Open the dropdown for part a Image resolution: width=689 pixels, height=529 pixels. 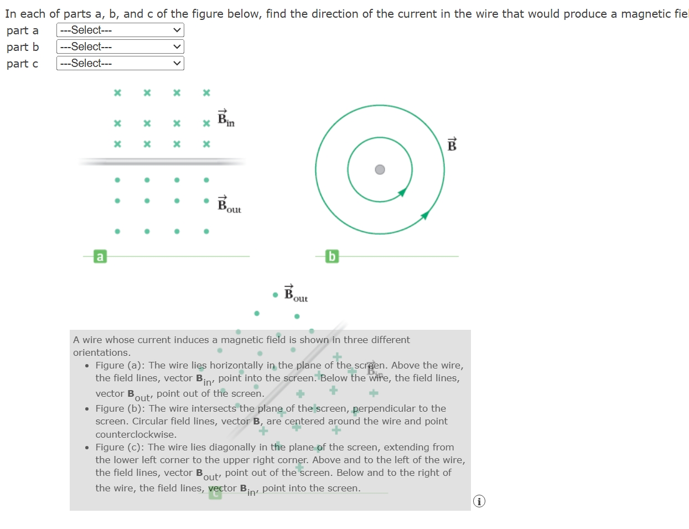(x=120, y=30)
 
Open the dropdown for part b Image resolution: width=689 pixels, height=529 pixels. (x=120, y=47)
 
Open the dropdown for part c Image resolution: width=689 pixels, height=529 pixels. (x=120, y=64)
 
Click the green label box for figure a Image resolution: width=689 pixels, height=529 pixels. (x=100, y=256)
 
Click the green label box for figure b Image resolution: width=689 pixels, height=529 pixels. (x=331, y=256)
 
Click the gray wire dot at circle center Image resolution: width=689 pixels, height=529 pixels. (x=380, y=169)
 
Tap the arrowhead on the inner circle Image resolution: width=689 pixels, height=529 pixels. (x=403, y=192)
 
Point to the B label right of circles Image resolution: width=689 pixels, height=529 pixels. (x=452, y=144)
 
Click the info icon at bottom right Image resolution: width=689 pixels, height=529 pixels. (x=479, y=501)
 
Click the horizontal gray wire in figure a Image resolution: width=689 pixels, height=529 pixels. (x=162, y=162)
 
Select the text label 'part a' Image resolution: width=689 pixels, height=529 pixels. (x=23, y=31)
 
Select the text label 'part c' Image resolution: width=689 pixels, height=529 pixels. (x=23, y=64)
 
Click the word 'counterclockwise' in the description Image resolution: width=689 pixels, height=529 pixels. (x=136, y=435)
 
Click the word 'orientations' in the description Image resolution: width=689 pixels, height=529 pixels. (x=101, y=353)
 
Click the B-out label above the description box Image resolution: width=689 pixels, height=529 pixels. (x=296, y=294)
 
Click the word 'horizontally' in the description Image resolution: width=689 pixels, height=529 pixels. (x=236, y=366)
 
